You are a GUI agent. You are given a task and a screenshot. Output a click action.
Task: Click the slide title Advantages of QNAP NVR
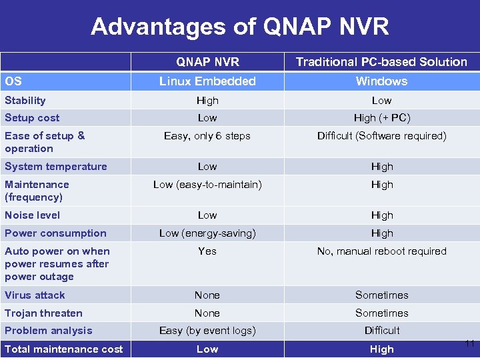(239, 27)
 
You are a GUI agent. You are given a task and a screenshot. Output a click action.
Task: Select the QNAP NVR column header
(207, 62)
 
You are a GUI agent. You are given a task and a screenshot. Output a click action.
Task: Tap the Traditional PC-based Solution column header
(381, 62)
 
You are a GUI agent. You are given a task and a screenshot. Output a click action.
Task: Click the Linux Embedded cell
(207, 81)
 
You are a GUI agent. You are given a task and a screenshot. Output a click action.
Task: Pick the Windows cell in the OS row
(381, 81)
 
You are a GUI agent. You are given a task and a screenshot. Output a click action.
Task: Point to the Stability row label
(25, 101)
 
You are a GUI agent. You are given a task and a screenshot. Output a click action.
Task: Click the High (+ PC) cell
(381, 118)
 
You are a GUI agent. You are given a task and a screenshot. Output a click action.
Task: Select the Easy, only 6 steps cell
(207, 136)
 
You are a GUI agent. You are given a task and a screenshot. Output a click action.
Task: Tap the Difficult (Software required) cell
(381, 136)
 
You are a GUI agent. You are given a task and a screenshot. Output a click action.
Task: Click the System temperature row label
(56, 167)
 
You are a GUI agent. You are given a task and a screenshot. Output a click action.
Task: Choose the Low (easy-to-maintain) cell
(207, 185)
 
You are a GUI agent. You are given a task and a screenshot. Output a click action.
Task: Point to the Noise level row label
(33, 215)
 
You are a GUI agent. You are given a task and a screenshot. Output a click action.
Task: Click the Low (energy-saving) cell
(207, 233)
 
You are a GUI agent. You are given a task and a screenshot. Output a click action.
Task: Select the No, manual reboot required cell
(381, 251)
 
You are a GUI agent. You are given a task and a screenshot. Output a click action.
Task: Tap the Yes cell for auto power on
(207, 251)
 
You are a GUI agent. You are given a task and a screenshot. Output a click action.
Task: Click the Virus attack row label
(35, 295)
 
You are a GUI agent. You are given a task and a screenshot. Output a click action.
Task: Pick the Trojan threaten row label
(44, 313)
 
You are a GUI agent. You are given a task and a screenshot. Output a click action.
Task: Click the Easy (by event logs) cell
(207, 331)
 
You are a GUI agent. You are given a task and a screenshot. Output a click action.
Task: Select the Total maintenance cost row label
(64, 349)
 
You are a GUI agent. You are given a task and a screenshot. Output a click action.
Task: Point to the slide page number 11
(470, 344)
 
